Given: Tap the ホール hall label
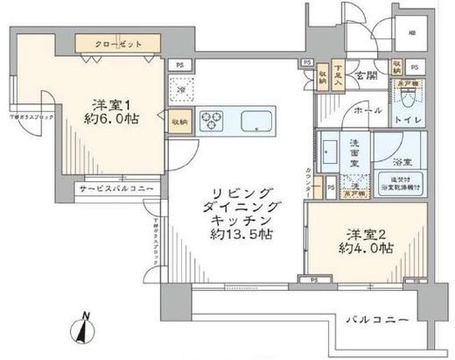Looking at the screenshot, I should [367, 112].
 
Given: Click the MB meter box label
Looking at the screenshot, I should [413, 35].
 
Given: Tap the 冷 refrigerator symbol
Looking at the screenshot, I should [181, 90].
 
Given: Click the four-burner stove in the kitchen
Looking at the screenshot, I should [213, 120].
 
